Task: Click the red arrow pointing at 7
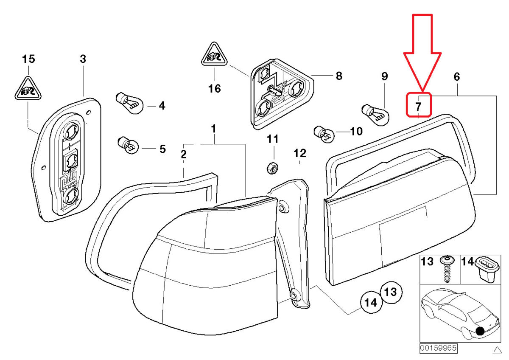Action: tap(422, 51)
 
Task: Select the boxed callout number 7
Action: tap(419, 104)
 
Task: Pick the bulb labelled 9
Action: tap(375, 113)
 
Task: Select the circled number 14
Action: tap(371, 303)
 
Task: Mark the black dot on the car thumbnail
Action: tap(480, 331)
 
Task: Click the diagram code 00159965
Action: tap(438, 348)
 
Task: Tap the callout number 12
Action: tap(299, 152)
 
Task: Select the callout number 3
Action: tap(83, 59)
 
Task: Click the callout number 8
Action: tap(338, 76)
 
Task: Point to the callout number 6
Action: tap(456, 77)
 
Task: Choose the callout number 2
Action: tap(183, 155)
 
